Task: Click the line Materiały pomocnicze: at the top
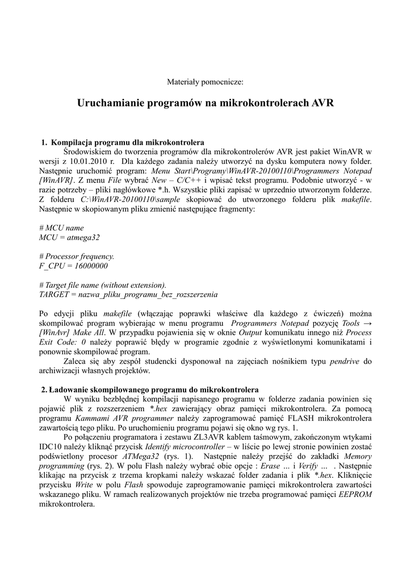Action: pyautogui.click(x=205, y=82)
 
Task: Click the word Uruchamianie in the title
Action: pyautogui.click(x=111, y=103)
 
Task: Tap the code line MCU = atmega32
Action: pyautogui.click(x=69, y=237)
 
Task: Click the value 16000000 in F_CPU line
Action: pyautogui.click(x=89, y=266)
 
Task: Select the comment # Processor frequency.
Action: pyautogui.click(x=77, y=256)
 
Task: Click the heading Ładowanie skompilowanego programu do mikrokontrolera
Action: pyautogui.click(x=154, y=390)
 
